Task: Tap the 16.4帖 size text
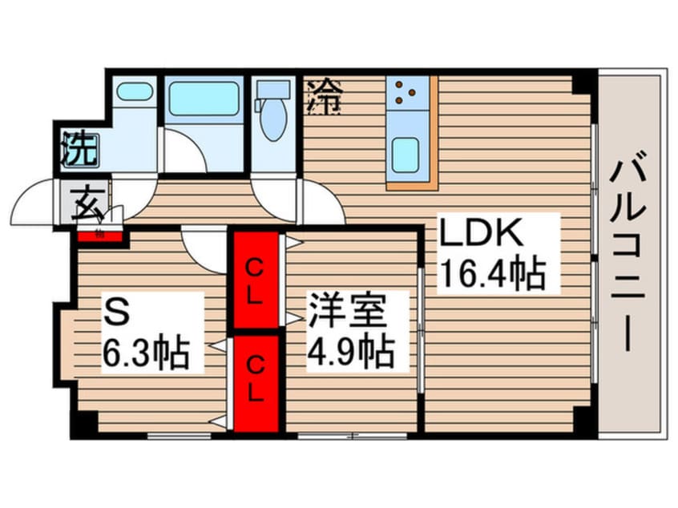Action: point(491,272)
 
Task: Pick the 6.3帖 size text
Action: point(146,352)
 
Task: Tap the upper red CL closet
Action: point(255,280)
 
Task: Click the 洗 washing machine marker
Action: point(79,150)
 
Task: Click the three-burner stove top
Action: point(406,94)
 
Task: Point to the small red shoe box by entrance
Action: point(100,235)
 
